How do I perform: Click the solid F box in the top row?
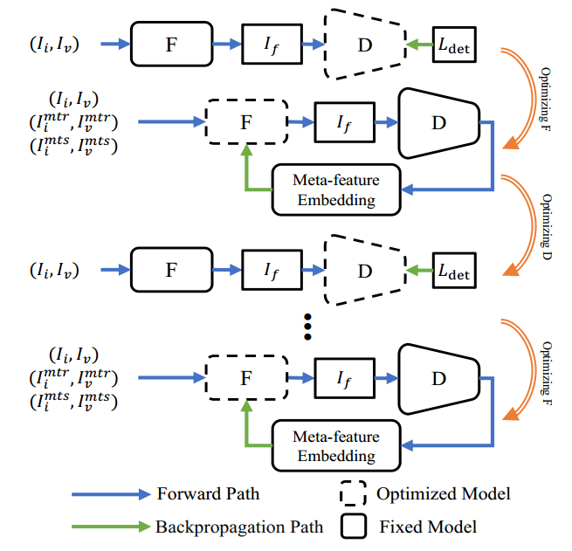(x=171, y=42)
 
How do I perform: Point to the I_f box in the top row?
(x=272, y=42)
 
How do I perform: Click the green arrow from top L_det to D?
(x=419, y=43)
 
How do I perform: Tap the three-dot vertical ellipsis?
(x=307, y=325)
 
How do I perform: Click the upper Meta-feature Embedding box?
(x=337, y=189)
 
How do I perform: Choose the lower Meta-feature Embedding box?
(x=337, y=445)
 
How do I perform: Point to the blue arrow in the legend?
(x=91, y=494)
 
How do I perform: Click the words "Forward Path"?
(x=208, y=494)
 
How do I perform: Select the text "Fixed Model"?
(x=428, y=527)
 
